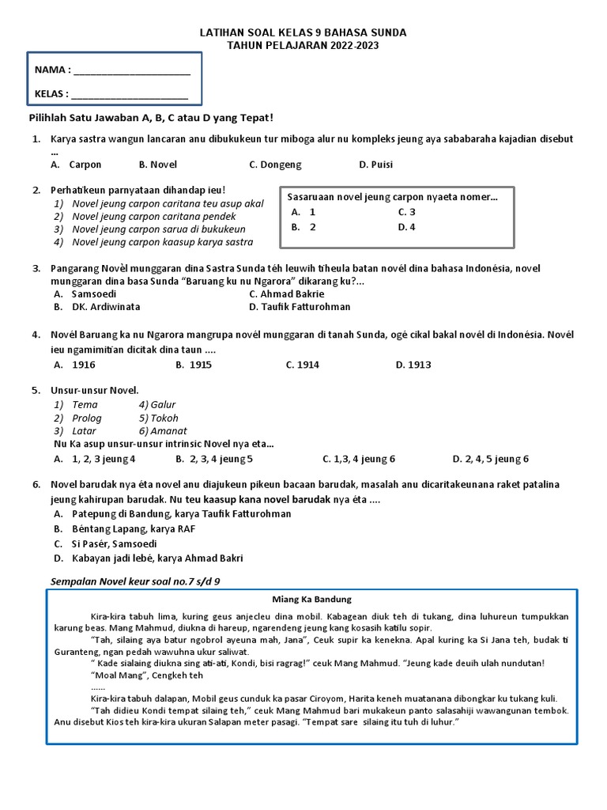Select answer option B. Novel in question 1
(158, 165)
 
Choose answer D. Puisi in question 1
(375, 165)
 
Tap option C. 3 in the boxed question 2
(406, 212)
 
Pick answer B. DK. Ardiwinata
(96, 307)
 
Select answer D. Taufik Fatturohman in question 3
(300, 307)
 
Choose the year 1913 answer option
(413, 365)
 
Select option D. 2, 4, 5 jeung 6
(490, 459)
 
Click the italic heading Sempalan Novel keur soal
(134, 581)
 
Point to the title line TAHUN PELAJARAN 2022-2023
(303, 46)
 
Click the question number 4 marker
(36, 335)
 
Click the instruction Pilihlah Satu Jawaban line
(151, 118)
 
